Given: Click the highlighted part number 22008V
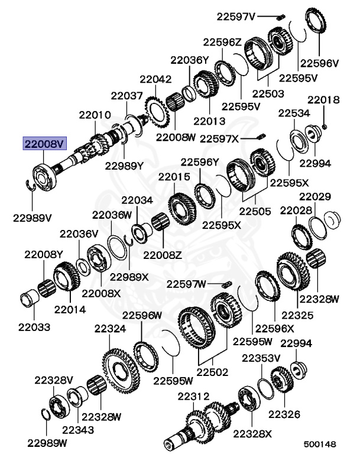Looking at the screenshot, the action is pos(44,144).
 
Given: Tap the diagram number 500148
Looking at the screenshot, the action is pos(320,444).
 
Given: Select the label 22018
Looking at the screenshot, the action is pos(323,100).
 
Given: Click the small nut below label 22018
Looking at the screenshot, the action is pos(325,127).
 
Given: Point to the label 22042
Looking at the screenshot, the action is pos(155,79).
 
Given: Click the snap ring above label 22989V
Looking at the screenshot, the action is pos(30,185).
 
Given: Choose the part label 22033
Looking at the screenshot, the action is pos(34,327).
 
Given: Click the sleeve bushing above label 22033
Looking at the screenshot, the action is pos(30,298).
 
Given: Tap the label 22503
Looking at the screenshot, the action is pos(268,94).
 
